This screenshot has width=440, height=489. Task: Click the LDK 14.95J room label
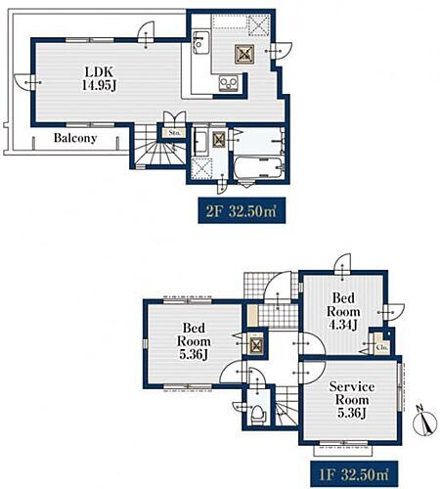[99, 78]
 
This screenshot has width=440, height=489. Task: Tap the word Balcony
[75, 138]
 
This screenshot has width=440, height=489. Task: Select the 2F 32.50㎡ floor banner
[242, 210]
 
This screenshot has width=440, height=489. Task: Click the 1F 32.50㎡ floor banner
[354, 474]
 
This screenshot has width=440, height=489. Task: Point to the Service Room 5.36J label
[351, 400]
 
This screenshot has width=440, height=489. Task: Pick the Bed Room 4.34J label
[343, 311]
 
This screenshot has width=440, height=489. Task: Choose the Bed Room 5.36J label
[194, 341]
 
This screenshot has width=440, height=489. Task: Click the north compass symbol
[424, 422]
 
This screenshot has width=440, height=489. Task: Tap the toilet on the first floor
[259, 413]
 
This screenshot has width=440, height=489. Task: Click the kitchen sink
[200, 42]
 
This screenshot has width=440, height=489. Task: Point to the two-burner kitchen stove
[229, 83]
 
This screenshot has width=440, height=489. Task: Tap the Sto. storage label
[172, 133]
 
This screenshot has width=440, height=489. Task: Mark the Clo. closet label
[381, 347]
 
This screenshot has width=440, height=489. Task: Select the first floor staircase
[286, 405]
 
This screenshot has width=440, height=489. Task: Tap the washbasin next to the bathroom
[200, 144]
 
